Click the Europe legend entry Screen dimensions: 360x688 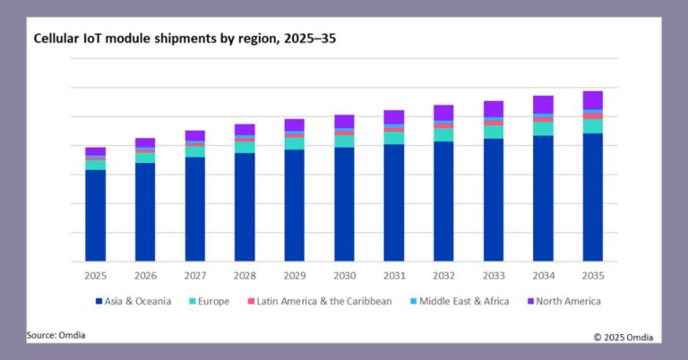pyautogui.click(x=210, y=301)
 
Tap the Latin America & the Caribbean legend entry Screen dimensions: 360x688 pyautogui.click(x=318, y=301)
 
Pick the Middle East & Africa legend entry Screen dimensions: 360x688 pyautogui.click(x=458, y=301)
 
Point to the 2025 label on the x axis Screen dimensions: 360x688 pyautogui.click(x=96, y=275)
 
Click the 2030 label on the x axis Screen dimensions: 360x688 pyautogui.click(x=344, y=275)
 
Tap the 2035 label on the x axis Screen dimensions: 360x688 pyautogui.click(x=592, y=275)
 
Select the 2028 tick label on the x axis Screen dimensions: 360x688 pyautogui.click(x=245, y=275)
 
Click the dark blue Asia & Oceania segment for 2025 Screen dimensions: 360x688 pyautogui.click(x=96, y=215)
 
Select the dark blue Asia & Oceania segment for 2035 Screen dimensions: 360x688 pyautogui.click(x=592, y=197)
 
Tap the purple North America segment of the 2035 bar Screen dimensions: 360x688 pyautogui.click(x=592, y=99)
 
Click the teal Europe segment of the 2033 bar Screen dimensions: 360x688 pyautogui.click(x=494, y=132)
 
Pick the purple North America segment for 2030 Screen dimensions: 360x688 pyautogui.click(x=344, y=121)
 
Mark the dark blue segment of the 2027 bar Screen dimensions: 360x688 pyautogui.click(x=195, y=209)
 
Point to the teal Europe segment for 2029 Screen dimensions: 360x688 pyautogui.click(x=295, y=143)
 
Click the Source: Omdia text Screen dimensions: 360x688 pyautogui.click(x=56, y=335)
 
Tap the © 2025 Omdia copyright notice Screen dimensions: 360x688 pyautogui.click(x=623, y=337)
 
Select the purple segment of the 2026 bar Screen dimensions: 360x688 pyautogui.click(x=145, y=142)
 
